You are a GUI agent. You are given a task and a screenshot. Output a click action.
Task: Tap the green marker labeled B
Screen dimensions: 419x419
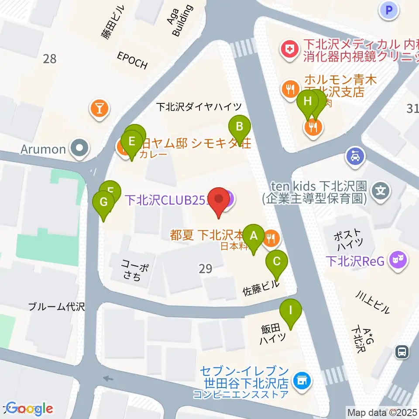pyautogui.click(x=240, y=127)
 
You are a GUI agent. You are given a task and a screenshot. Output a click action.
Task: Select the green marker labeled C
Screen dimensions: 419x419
pyautogui.click(x=277, y=262)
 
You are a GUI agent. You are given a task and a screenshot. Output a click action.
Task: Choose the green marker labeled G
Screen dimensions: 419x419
pyautogui.click(x=103, y=203)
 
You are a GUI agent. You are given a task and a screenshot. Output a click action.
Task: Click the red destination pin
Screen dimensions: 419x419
pyautogui.click(x=219, y=200)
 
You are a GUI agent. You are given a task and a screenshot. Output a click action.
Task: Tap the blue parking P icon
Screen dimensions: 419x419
pyautogui.click(x=389, y=9)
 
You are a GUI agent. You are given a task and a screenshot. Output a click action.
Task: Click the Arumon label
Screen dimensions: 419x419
pyautogui.click(x=43, y=149)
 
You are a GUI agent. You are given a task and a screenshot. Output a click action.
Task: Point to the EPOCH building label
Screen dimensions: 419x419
pyautogui.click(x=132, y=60)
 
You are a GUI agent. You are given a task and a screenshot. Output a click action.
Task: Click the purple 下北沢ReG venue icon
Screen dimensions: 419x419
pyautogui.click(x=398, y=261)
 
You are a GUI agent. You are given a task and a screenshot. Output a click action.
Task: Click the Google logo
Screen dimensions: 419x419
pyautogui.click(x=30, y=409)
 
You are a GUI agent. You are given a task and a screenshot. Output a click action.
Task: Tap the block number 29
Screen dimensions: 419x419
pyautogui.click(x=205, y=269)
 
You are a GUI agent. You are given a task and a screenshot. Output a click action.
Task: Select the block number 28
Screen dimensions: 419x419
pyautogui.click(x=50, y=58)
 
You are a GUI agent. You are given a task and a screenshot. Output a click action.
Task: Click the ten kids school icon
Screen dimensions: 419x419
pyautogui.click(x=381, y=191)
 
